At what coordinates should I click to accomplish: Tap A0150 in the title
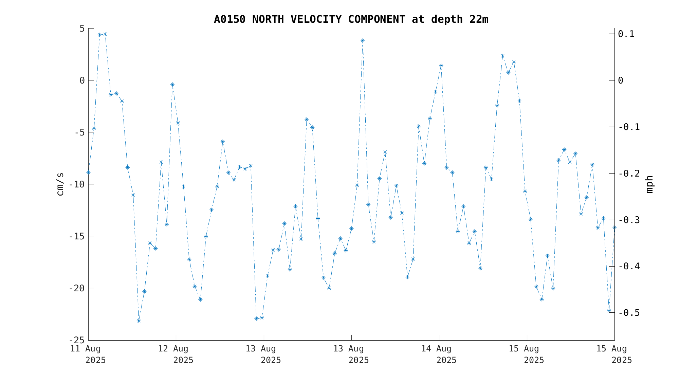[230, 19]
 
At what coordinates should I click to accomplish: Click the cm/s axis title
[60, 184]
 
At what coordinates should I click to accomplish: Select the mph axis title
[649, 184]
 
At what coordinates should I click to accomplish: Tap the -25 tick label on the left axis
[77, 340]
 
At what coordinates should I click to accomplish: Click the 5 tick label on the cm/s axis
[82, 29]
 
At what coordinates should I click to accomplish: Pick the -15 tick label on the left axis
[77, 236]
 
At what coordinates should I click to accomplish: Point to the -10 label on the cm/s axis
[77, 184]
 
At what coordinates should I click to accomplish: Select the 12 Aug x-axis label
[173, 349]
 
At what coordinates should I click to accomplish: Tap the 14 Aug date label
[436, 349]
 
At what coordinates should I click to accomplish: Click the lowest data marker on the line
[139, 321]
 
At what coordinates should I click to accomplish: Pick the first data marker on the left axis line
[88, 172]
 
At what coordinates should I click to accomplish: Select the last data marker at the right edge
[614, 227]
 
